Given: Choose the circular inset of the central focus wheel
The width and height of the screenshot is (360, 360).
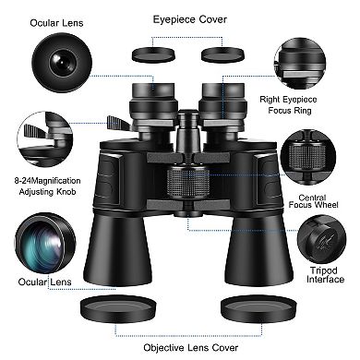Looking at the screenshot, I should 315,151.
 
